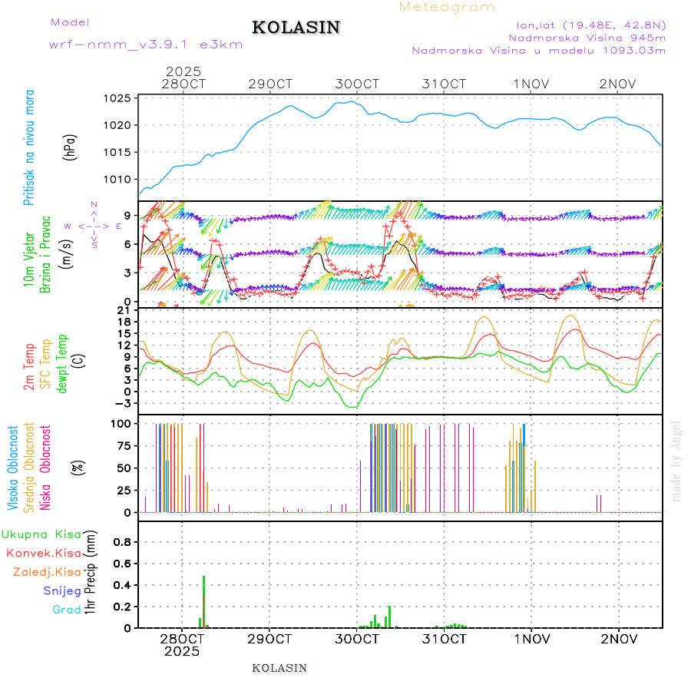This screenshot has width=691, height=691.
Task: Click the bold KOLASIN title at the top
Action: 296,28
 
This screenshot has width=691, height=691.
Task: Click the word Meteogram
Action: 447,7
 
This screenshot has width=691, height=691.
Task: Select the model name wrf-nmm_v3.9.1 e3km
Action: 146,45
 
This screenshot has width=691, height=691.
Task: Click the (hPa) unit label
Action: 71,147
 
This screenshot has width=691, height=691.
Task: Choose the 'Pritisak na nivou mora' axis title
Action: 30,147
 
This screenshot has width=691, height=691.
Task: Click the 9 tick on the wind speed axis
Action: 127,215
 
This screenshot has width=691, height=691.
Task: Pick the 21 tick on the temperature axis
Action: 124,310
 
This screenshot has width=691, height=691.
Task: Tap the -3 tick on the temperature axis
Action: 123,403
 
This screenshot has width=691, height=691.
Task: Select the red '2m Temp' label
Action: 30,367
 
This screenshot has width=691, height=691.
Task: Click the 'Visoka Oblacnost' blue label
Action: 13,468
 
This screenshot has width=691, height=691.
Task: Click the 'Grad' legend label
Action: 67,610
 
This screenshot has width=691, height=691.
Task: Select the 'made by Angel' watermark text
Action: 676,461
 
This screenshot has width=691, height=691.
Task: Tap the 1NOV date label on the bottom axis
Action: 531,639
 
